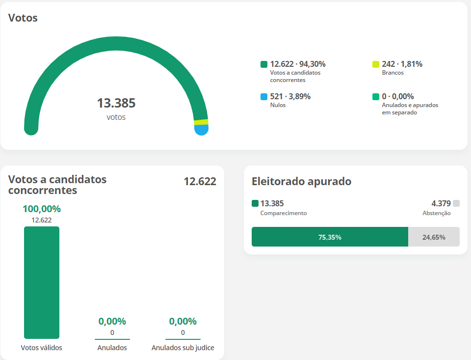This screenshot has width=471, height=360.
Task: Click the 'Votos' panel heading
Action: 23,18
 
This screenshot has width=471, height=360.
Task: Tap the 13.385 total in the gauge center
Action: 116,104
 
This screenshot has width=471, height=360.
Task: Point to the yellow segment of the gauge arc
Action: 201,122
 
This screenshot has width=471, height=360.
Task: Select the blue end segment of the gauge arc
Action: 202,130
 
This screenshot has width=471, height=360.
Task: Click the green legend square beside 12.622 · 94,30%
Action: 264,64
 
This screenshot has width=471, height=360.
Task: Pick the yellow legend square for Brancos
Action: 376,64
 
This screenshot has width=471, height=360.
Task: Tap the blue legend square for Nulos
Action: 264,97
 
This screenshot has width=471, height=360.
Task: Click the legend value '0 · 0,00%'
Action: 398,97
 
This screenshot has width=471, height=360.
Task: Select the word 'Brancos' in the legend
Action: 392,73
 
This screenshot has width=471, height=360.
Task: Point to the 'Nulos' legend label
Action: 278,105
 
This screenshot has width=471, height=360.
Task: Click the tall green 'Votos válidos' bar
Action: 42,282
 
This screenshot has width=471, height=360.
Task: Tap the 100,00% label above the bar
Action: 42,209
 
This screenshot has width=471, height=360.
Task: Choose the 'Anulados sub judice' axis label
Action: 183,348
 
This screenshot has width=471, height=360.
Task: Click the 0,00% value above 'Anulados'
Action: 112,321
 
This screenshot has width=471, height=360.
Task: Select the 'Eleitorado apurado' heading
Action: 301,181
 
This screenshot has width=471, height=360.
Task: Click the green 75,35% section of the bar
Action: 330,237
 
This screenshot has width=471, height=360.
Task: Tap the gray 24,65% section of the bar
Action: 434,237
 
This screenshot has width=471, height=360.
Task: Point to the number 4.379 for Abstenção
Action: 441,203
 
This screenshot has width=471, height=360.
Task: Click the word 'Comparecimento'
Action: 284,213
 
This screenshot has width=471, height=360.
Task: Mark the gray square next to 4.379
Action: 456,203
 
